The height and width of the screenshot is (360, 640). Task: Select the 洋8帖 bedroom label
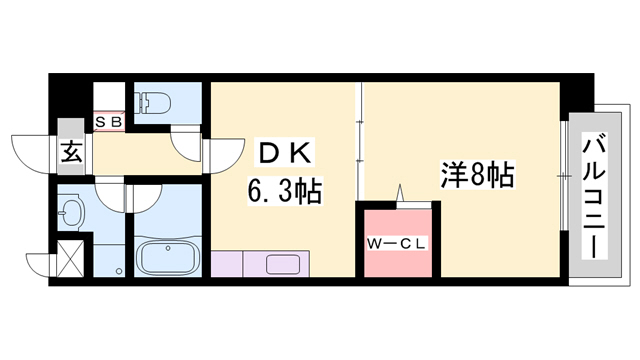(x=478, y=178)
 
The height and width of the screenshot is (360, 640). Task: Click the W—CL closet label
(x=397, y=242)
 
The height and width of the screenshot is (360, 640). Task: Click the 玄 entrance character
(x=73, y=154)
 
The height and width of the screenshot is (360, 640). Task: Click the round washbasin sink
(x=72, y=213)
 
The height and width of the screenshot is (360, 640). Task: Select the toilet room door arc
(x=190, y=144)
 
